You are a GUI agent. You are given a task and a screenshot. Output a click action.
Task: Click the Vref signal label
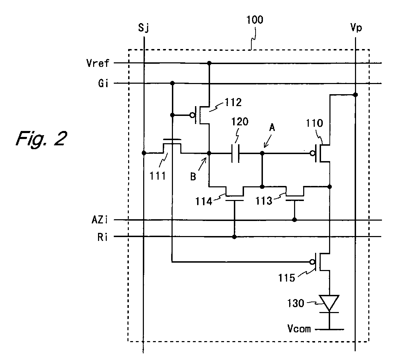(x=98, y=63)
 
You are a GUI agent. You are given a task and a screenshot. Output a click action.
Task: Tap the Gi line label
(x=103, y=83)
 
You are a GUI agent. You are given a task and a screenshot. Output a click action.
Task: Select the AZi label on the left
(x=99, y=220)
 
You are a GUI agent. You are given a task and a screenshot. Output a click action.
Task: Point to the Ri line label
(x=103, y=237)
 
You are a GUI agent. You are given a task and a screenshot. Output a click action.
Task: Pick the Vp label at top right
(x=356, y=27)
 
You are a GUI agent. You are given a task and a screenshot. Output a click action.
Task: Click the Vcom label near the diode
(x=299, y=328)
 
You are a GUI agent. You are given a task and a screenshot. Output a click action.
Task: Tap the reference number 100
(x=255, y=20)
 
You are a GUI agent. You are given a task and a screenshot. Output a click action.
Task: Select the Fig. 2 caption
(x=42, y=138)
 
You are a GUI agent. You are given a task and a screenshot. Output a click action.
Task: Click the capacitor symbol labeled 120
(x=236, y=153)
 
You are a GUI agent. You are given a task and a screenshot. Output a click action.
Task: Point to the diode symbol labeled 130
(x=329, y=304)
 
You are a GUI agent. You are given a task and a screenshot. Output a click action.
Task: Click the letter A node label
(x=272, y=127)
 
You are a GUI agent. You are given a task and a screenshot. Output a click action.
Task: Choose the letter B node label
(x=193, y=176)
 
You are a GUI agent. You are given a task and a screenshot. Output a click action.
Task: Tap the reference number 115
(x=287, y=278)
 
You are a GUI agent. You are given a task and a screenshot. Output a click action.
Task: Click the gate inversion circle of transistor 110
(x=313, y=153)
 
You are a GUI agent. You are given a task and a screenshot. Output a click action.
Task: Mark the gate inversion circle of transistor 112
(x=193, y=115)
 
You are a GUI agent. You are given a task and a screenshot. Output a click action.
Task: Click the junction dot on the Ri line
(x=235, y=237)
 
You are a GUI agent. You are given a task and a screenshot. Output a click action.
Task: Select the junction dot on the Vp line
(x=355, y=95)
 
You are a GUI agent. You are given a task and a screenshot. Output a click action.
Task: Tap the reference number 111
(x=158, y=176)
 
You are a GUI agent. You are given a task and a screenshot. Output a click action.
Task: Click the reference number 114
(x=203, y=201)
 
